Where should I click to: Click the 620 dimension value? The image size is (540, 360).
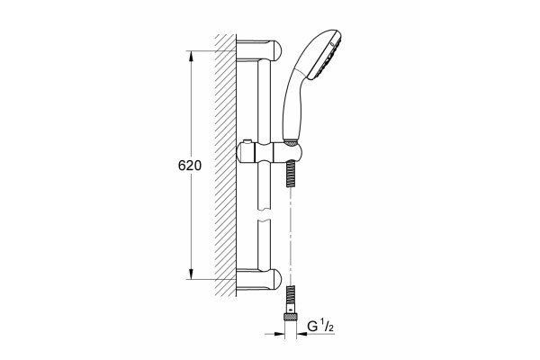(189, 166)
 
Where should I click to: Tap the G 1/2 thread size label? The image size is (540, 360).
(320, 326)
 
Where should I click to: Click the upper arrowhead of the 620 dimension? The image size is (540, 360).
(191, 57)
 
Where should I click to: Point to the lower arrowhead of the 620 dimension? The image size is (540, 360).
(191, 274)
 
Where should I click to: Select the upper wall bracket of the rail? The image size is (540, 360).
(258, 49)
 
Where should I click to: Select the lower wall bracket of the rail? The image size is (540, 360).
(258, 278)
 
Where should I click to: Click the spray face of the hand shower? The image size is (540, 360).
(328, 57)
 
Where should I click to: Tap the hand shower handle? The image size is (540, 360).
(293, 103)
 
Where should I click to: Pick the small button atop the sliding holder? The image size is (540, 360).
(247, 141)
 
